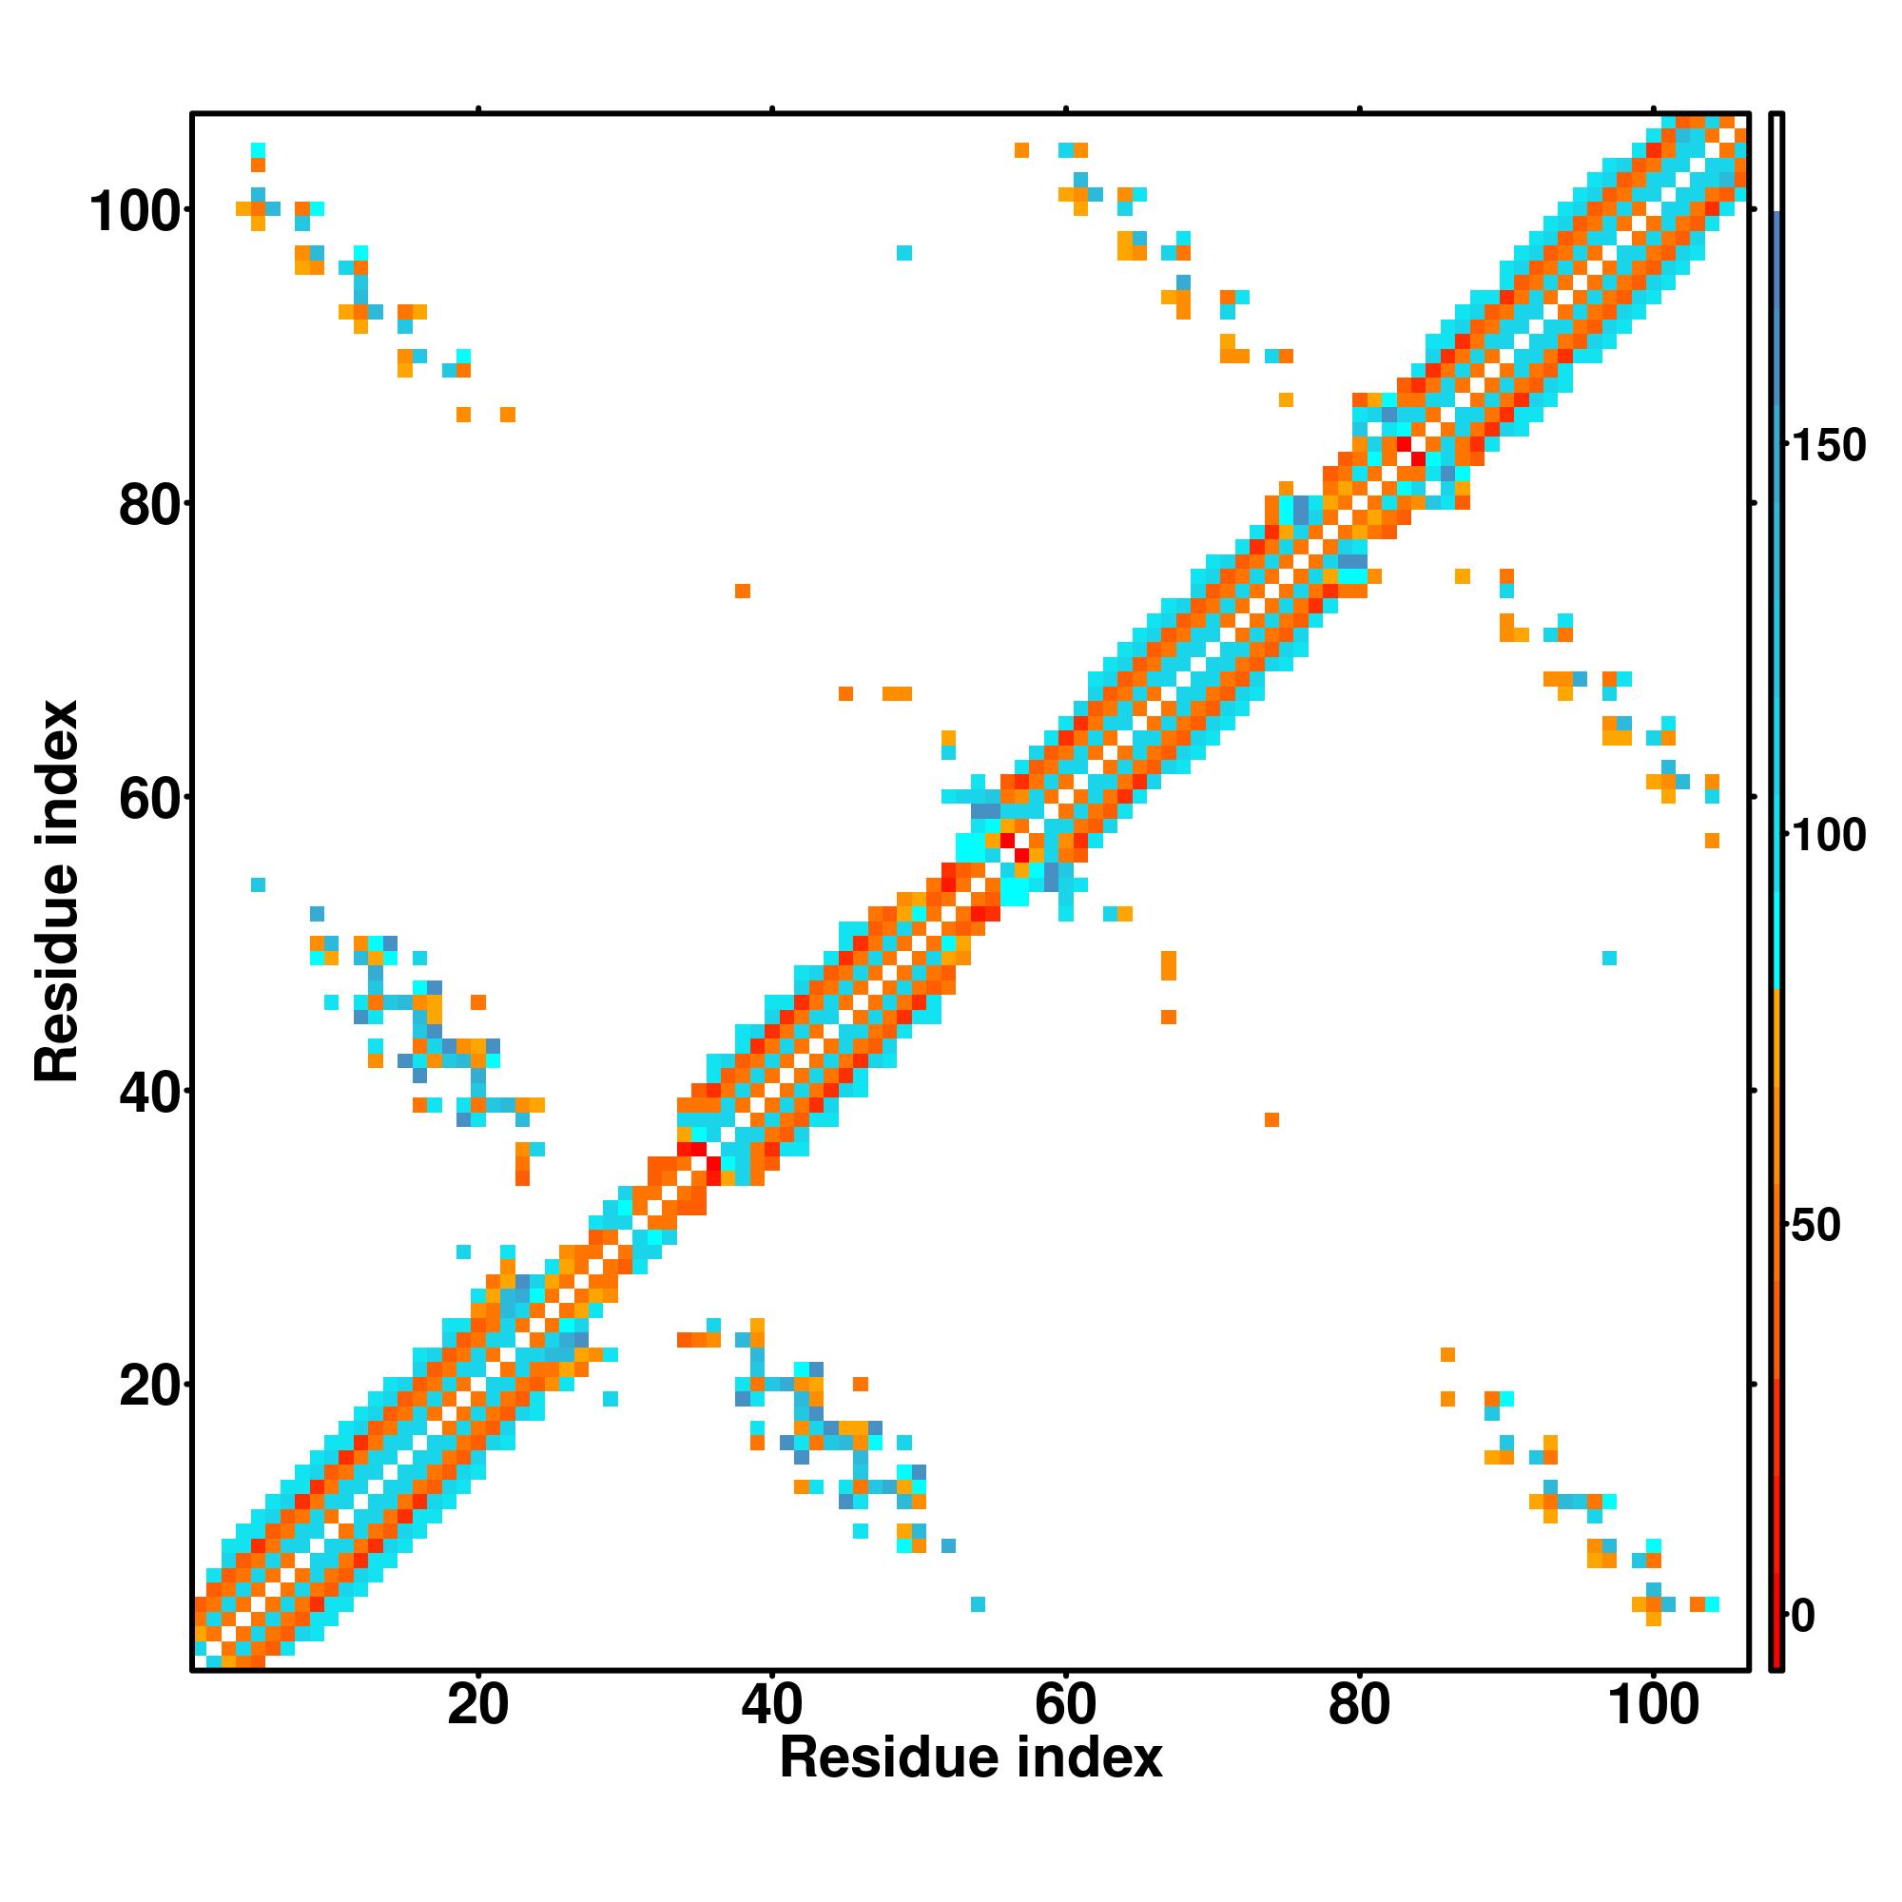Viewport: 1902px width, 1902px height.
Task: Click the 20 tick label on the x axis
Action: coord(477,1706)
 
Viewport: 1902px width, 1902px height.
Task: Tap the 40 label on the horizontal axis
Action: coord(772,1706)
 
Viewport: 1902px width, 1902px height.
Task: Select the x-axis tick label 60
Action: coord(1065,1706)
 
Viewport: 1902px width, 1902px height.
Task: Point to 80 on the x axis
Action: coord(1359,1706)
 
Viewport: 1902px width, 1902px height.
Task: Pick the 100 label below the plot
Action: coord(1653,1706)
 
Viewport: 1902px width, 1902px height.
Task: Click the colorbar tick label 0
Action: coord(1803,1616)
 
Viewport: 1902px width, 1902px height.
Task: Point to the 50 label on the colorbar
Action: coord(1816,1226)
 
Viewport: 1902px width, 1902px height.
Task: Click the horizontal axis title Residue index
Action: coord(971,1785)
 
